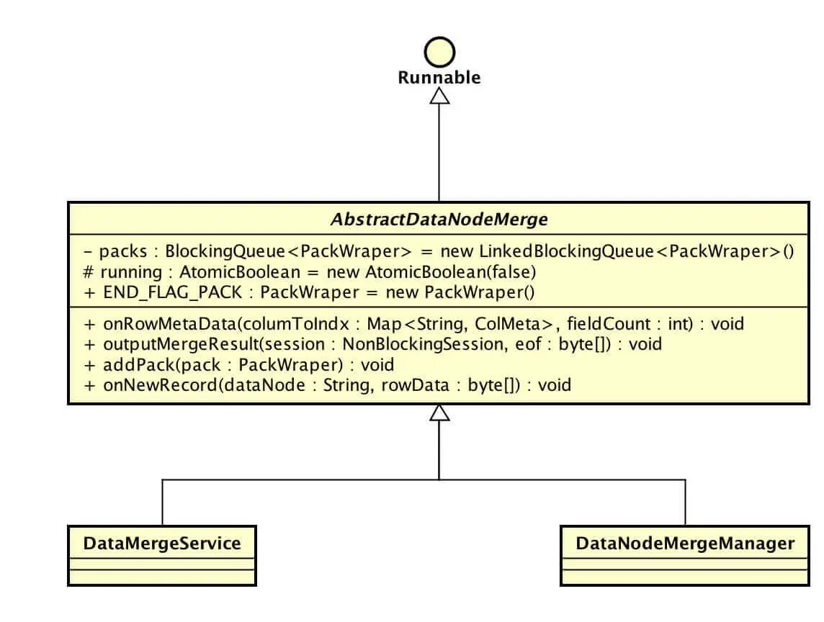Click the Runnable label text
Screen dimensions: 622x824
439,78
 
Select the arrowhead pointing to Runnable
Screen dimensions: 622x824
439,95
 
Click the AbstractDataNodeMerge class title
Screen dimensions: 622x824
439,220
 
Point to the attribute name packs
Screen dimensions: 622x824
122,252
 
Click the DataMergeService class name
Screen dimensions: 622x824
162,543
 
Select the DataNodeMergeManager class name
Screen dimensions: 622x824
684,543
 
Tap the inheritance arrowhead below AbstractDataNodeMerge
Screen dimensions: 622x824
439,413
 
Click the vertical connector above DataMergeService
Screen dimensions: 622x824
162,502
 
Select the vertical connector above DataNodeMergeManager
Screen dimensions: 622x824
685,502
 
